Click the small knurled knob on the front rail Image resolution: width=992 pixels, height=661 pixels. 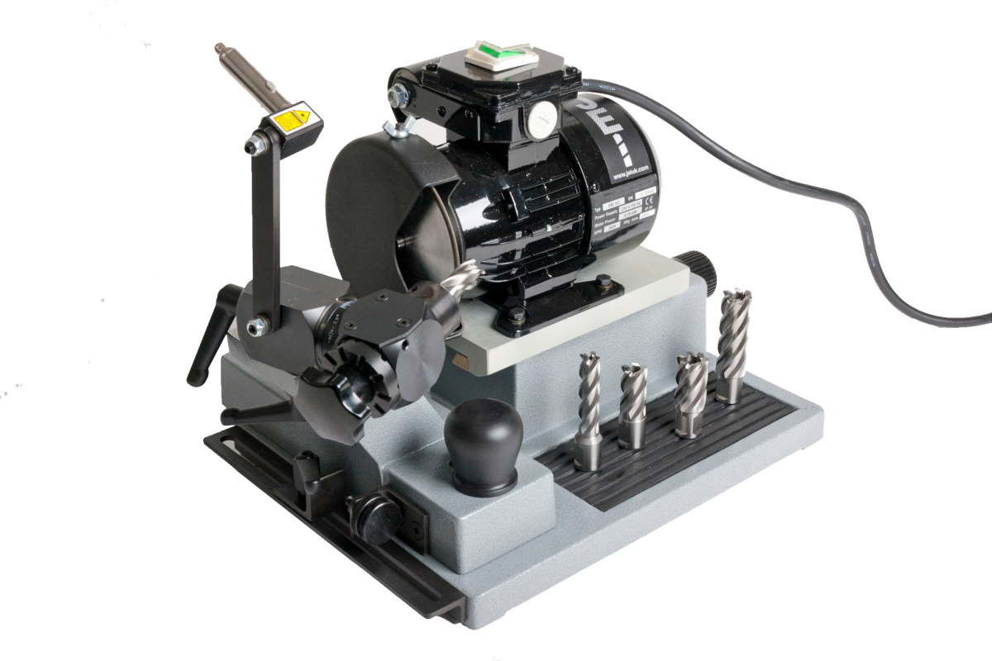point(374,516)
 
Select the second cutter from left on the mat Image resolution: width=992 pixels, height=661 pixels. point(633,405)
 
